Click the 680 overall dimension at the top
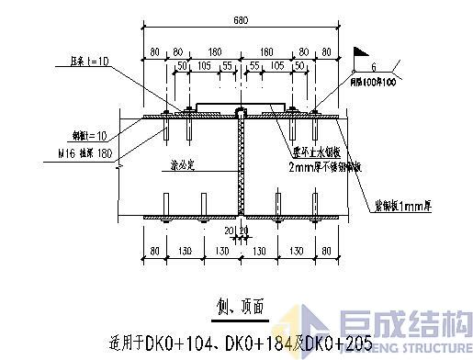point(241,20)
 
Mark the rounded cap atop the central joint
point(240,111)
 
